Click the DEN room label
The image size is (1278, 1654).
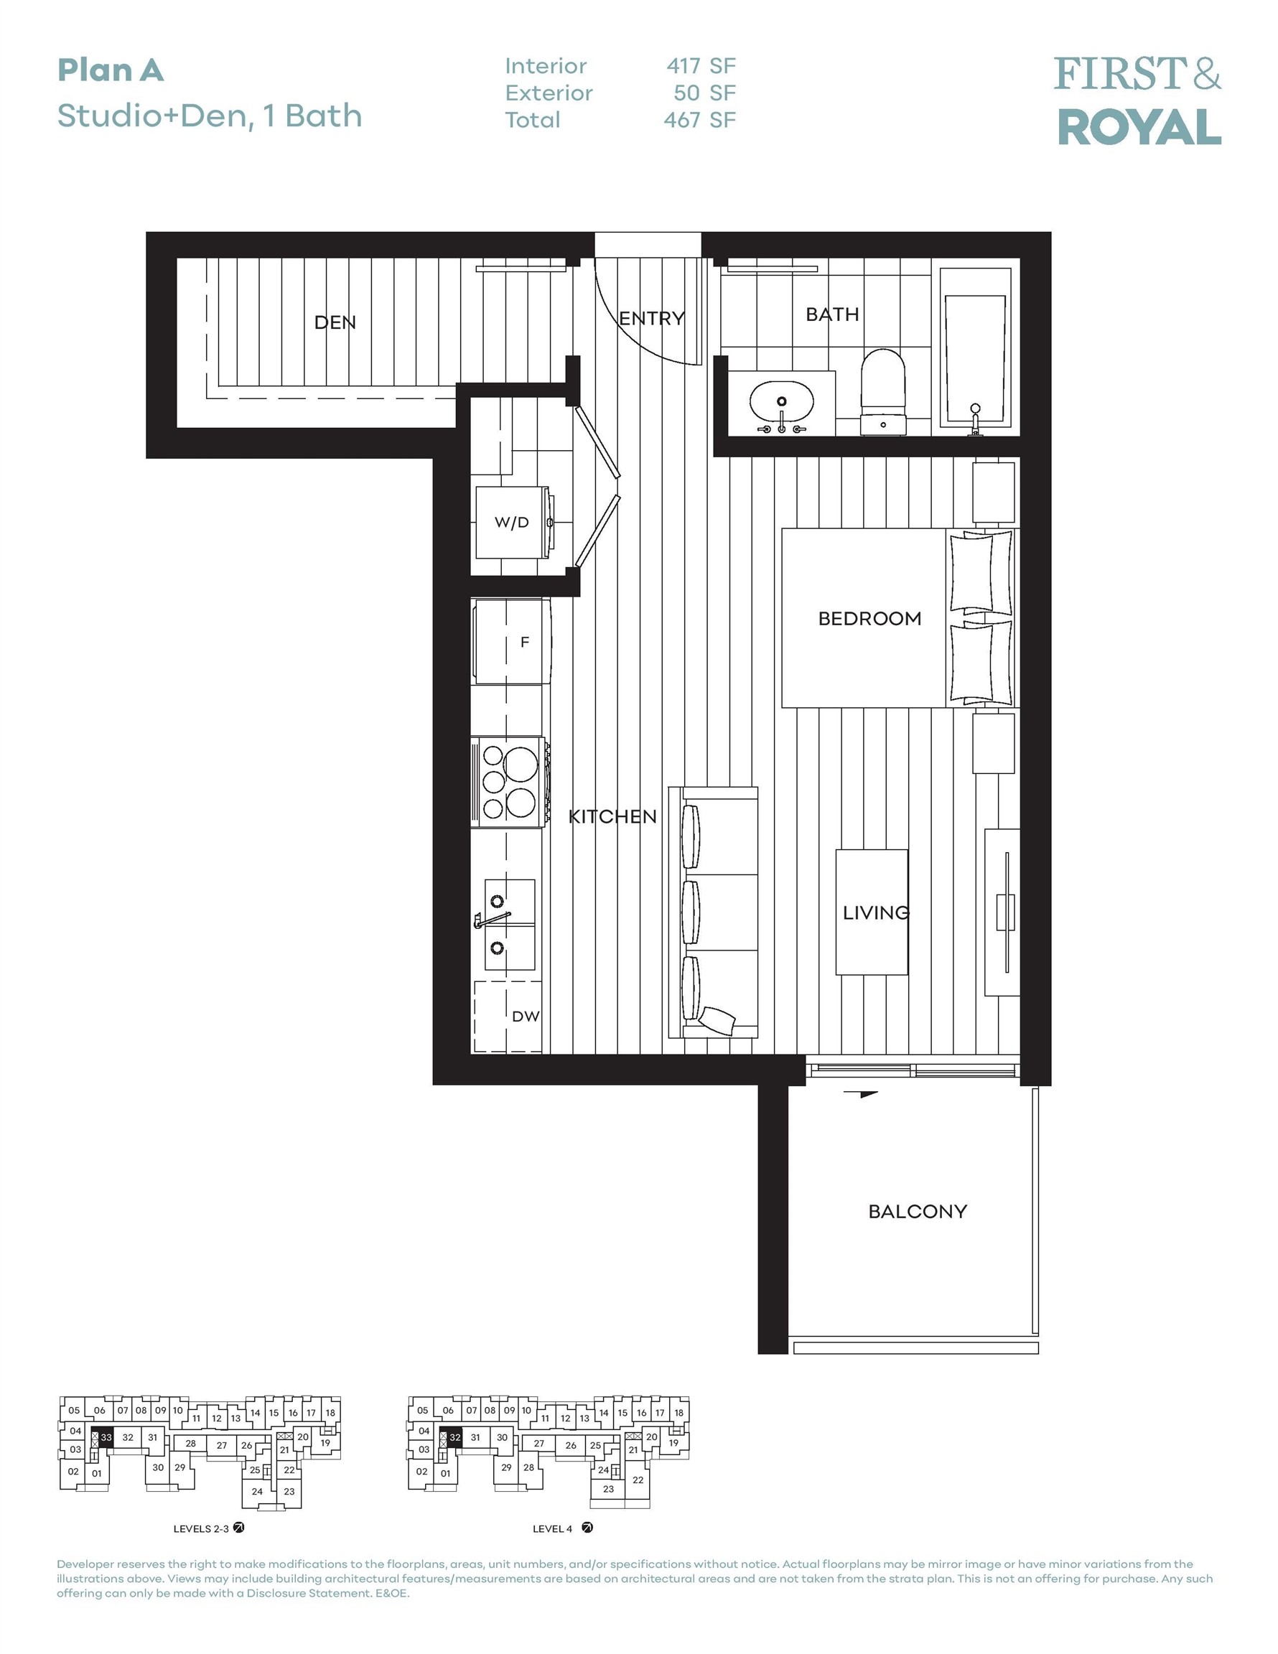(x=335, y=322)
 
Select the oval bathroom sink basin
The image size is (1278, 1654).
(x=781, y=401)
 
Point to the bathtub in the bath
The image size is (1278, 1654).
(x=975, y=356)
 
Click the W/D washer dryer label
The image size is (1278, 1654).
(x=511, y=523)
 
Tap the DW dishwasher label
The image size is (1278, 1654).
(x=526, y=1017)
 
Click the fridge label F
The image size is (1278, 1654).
(x=524, y=643)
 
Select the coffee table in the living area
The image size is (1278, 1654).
(x=871, y=912)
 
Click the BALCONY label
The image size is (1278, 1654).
(x=918, y=1211)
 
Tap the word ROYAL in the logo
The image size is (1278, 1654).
(x=1139, y=127)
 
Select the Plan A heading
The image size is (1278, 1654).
(x=111, y=70)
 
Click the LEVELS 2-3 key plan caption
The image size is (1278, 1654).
(x=201, y=1528)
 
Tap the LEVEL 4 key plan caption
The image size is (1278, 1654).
(x=552, y=1528)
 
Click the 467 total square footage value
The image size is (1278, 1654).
(x=681, y=120)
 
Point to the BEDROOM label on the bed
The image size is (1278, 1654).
(x=869, y=619)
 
